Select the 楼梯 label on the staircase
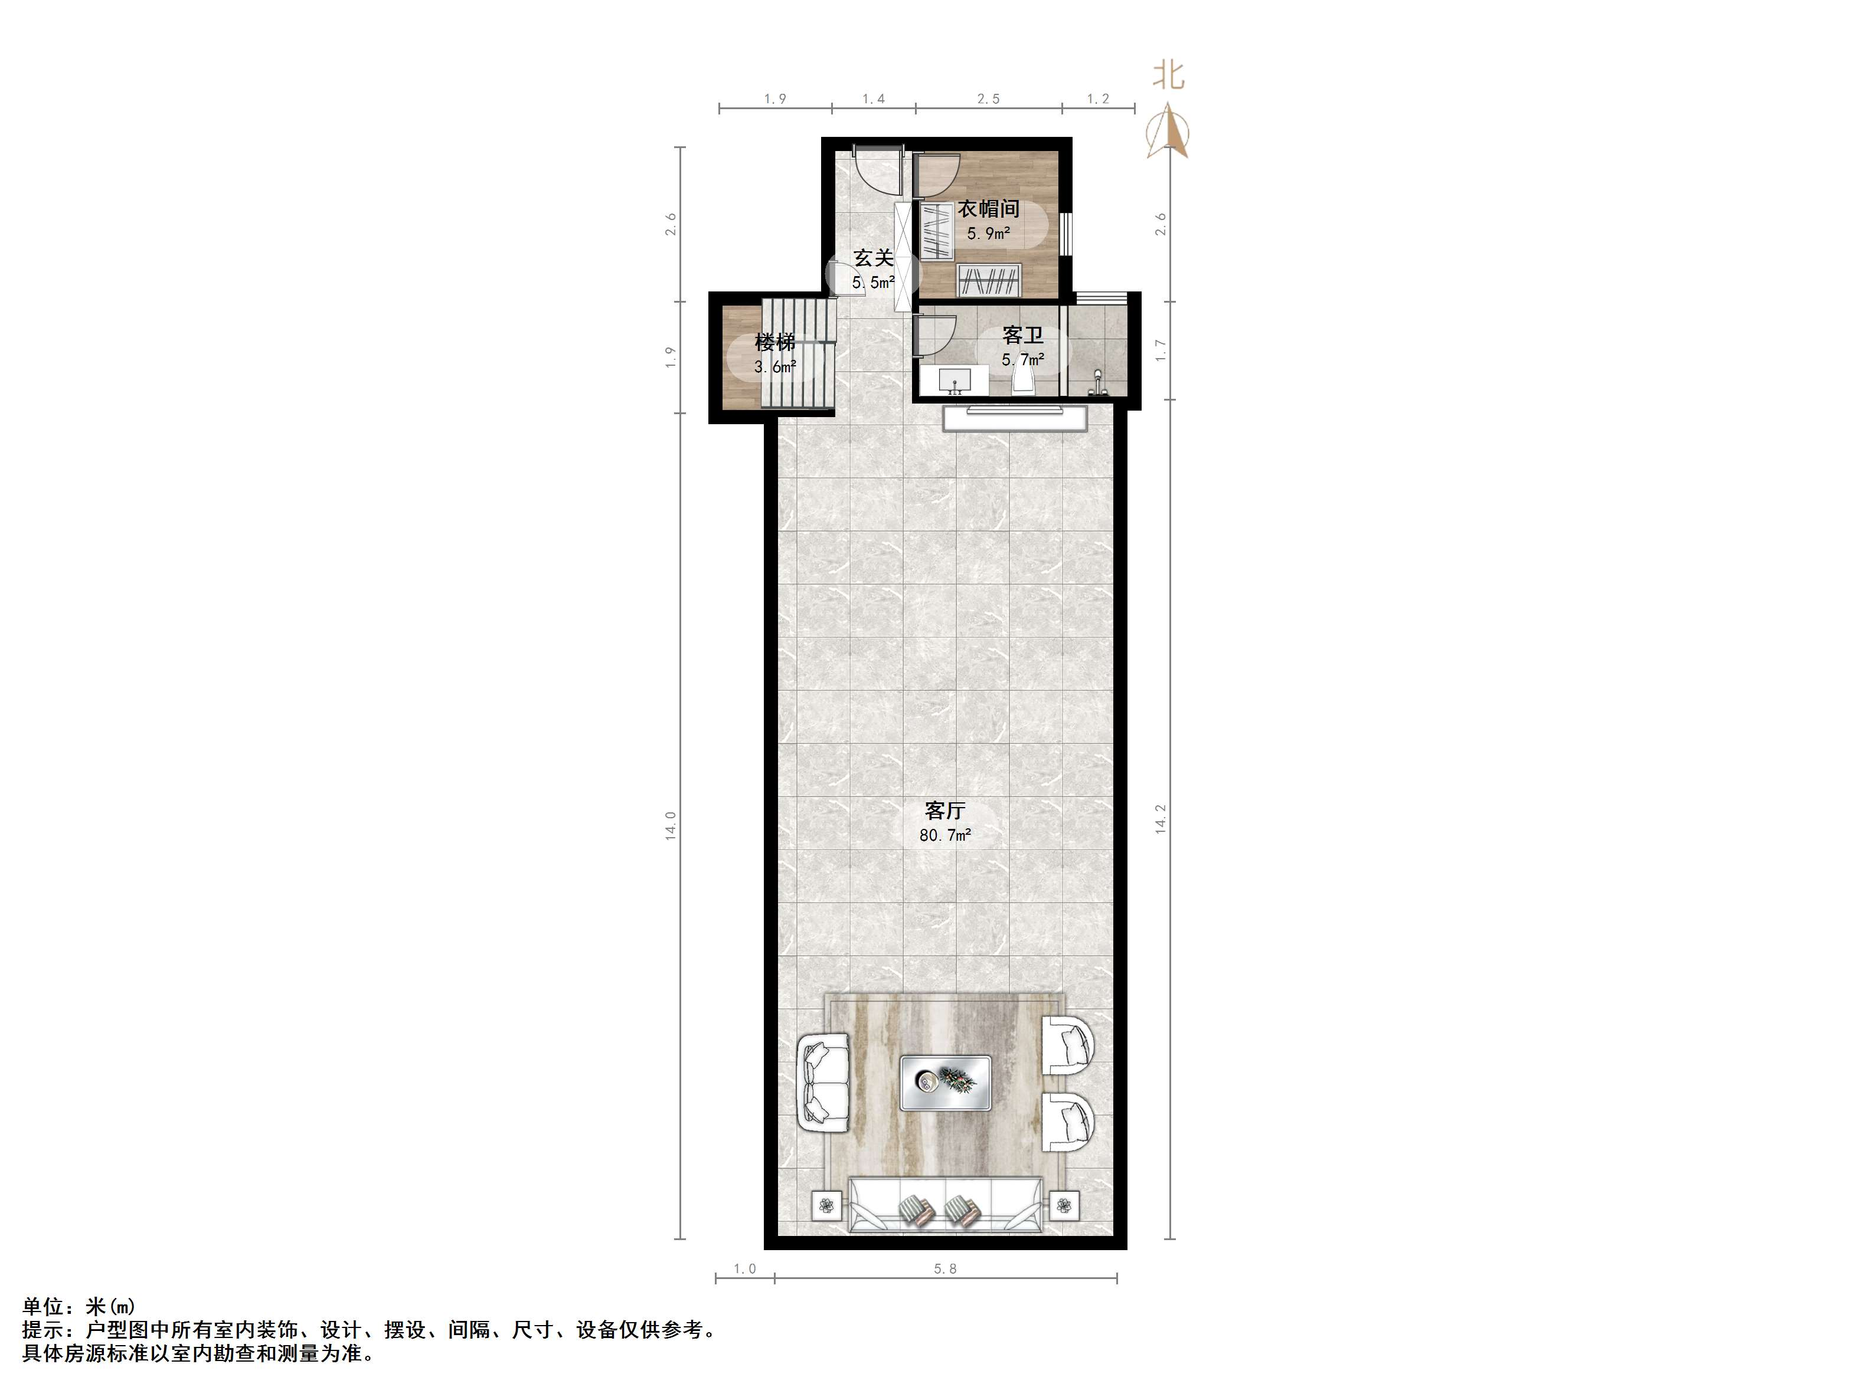point(774,342)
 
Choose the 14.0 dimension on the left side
point(670,825)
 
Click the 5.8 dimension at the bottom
point(945,1269)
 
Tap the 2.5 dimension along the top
point(989,99)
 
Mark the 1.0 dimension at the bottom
point(744,1269)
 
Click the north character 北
point(1169,74)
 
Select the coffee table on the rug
point(946,1083)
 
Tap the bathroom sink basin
point(953,381)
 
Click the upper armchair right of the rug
point(1068,1044)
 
